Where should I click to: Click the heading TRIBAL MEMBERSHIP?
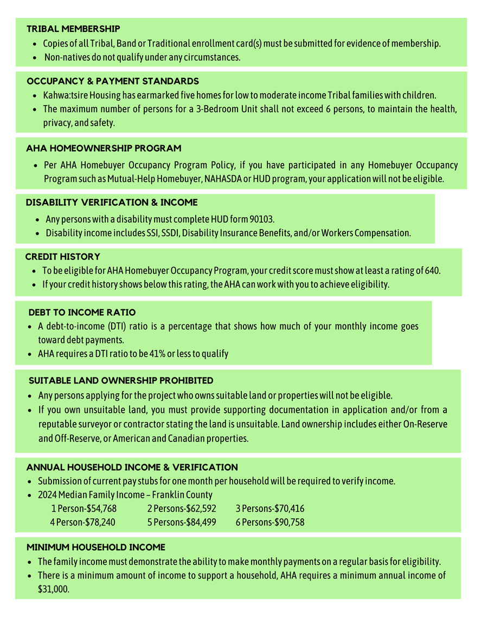pos(73,29)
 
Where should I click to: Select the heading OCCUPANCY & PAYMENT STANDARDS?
pos(113,81)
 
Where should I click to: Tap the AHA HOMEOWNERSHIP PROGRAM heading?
pos(104,148)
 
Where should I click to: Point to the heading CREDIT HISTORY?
pos(63,256)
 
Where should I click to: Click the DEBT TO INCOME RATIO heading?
pos(82,313)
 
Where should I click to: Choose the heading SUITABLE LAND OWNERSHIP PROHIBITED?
pos(121,381)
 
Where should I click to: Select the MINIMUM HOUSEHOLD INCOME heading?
pos(96,548)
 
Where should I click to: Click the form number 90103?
pos(262,219)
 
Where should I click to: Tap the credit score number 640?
pos(432,270)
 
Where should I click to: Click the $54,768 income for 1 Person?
pos(101,509)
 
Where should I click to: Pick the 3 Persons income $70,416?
pos(287,509)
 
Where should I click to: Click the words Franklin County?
pos(182,495)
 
